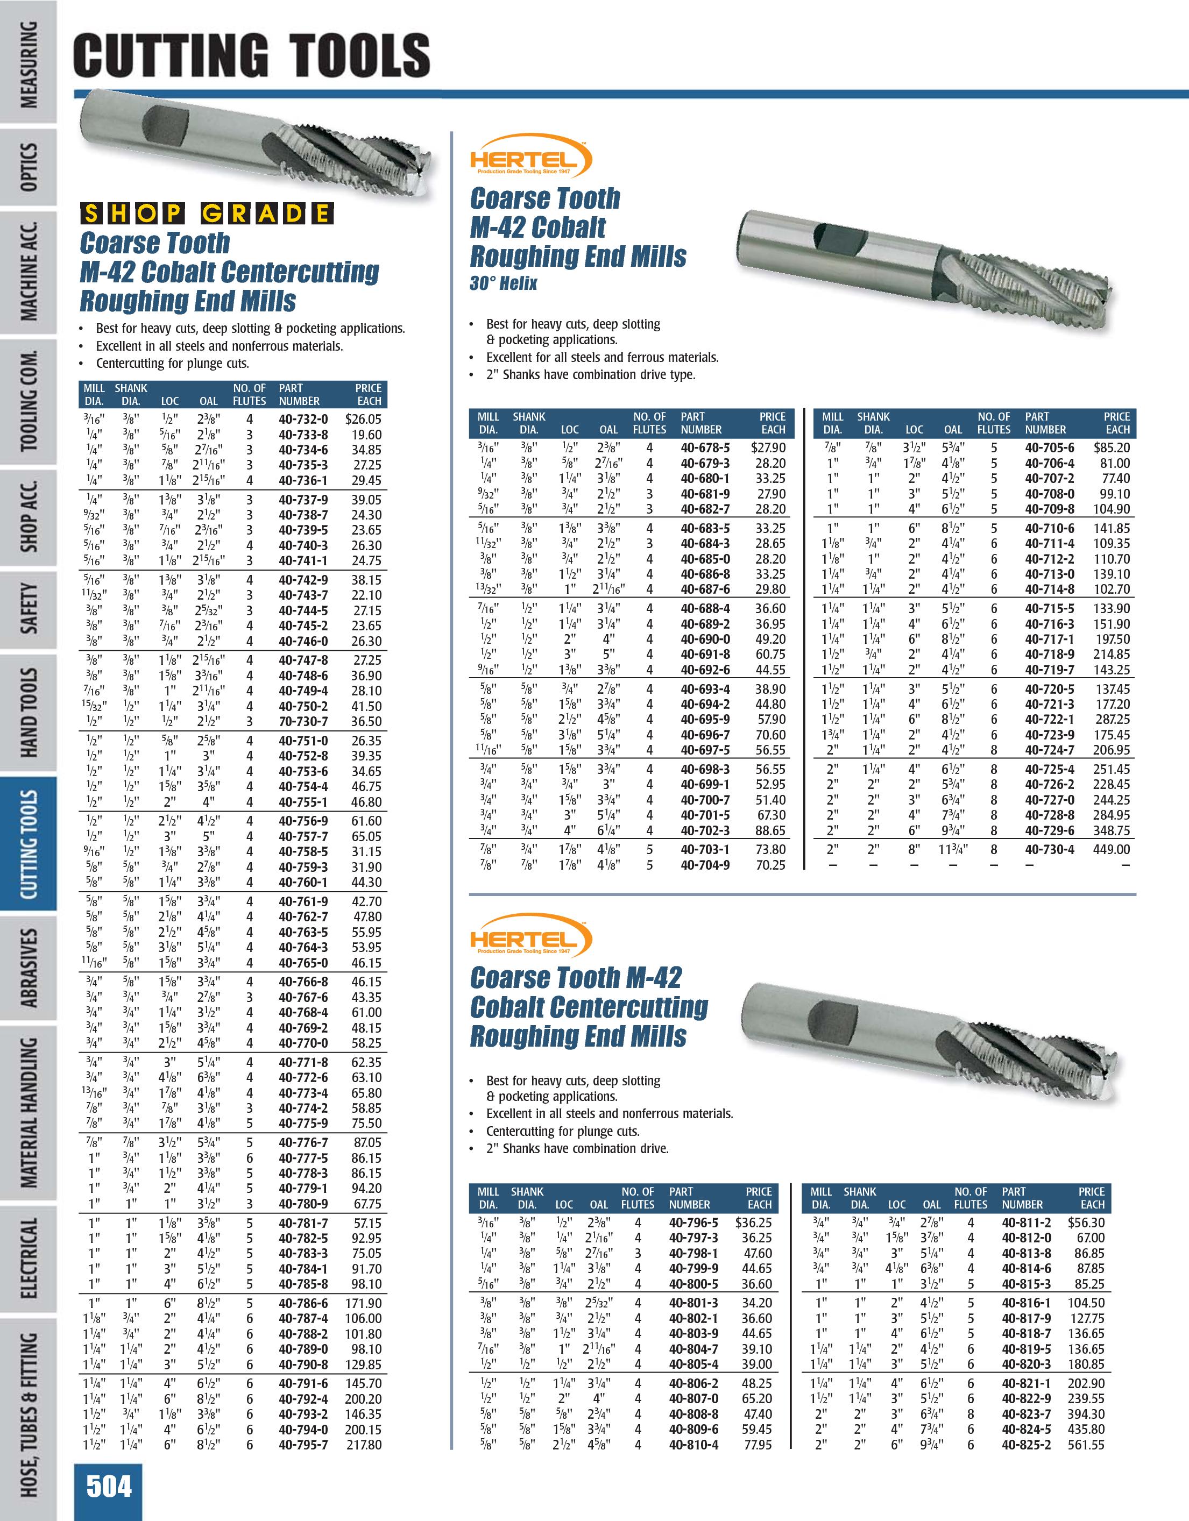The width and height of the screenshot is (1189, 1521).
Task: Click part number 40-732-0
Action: pos(303,420)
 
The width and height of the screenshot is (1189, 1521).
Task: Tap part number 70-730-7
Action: pos(303,721)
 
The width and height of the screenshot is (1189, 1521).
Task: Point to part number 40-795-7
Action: pos(303,1445)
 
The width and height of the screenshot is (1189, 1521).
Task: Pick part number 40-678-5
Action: pos(705,448)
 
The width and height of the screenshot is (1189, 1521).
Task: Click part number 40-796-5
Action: pos(693,1222)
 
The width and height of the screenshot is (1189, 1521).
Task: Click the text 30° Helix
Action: pos(503,283)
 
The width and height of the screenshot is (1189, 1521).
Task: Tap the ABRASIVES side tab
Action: pos(29,968)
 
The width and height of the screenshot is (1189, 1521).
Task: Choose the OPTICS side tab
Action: pos(29,167)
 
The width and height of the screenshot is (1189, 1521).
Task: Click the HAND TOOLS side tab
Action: pos(29,713)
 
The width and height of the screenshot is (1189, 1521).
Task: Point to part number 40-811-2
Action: pos(1026,1222)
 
